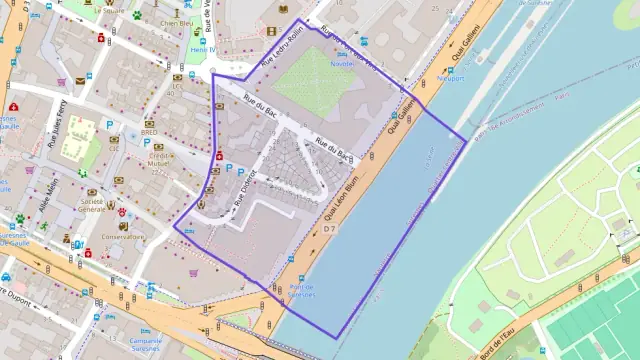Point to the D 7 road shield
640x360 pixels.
(x=329, y=229)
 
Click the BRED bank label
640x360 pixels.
(x=149, y=132)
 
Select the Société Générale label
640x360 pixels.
(x=95, y=205)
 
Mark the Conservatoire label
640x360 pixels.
(x=123, y=237)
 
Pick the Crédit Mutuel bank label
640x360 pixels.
(x=158, y=161)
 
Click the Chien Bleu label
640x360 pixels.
(x=176, y=22)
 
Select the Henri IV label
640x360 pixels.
(x=203, y=49)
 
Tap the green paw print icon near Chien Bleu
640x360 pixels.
(x=136, y=14)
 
